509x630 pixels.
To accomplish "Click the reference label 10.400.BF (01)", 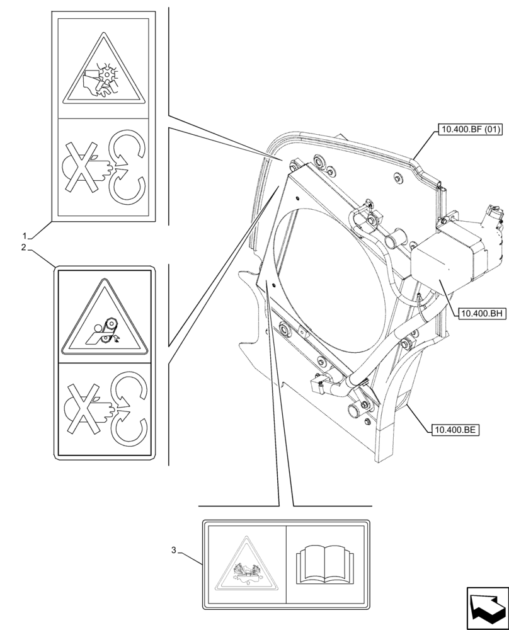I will pyautogui.click(x=467, y=130).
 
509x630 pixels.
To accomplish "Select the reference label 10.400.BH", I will pyautogui.click(x=483, y=312).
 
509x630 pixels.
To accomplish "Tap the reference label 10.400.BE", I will pyautogui.click(x=454, y=430).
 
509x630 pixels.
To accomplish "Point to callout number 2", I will pyautogui.click(x=23, y=248).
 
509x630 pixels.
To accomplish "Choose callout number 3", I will pyautogui.click(x=174, y=550).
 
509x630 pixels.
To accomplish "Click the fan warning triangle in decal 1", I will pyautogui.click(x=104, y=73).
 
